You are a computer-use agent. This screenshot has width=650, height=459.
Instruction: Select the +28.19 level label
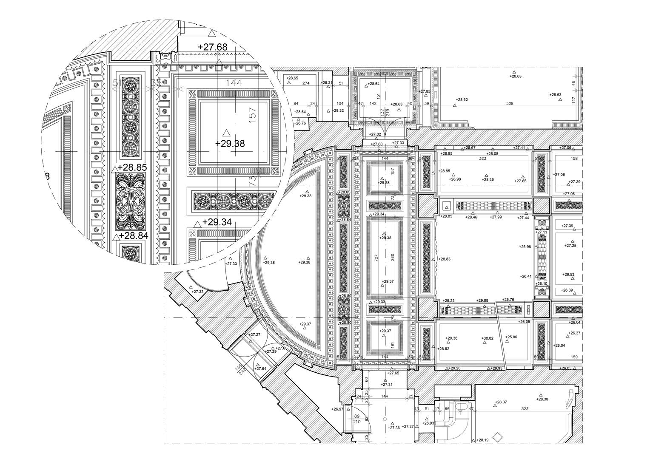coord(482,440)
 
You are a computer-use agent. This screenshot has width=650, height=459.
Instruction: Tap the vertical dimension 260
coord(393,258)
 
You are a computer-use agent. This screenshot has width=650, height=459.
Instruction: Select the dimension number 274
coord(305,83)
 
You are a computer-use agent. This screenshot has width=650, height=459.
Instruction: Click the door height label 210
coord(356,422)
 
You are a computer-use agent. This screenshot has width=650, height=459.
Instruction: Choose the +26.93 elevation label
coord(428,423)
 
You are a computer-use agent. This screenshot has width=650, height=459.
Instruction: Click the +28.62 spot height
coord(462,100)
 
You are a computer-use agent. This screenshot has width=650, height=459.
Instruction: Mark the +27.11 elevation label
coord(542,232)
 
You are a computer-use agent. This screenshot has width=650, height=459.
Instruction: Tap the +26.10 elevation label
coord(542,283)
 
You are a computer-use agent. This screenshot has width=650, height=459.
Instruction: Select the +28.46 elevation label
coord(471,217)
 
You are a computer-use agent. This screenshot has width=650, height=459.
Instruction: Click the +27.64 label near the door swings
coord(260,368)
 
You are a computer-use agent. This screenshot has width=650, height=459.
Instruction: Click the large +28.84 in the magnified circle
coord(134,235)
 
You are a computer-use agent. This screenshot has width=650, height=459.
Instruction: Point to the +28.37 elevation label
coord(501,402)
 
